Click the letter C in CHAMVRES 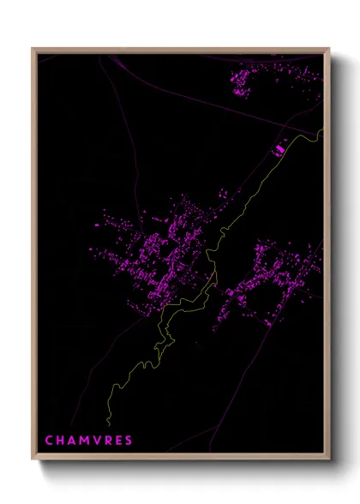49,441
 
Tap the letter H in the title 61,441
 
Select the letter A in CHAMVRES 73,441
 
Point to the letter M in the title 86,441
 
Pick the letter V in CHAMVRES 98,441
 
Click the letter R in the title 109,441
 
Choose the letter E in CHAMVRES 119,441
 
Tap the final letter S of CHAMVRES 129,441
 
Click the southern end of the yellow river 109,423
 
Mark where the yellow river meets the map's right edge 324,130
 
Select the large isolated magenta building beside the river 278,150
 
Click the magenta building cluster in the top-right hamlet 243,81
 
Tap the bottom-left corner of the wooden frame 33,460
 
